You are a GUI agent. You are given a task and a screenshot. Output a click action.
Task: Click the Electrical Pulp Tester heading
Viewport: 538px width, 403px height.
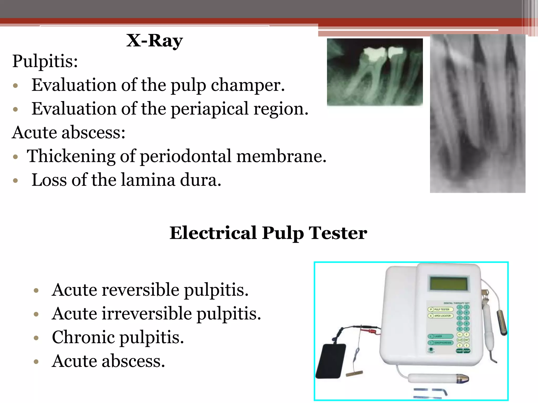point(268,233)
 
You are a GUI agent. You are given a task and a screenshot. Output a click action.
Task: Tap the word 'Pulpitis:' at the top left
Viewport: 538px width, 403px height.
point(45,61)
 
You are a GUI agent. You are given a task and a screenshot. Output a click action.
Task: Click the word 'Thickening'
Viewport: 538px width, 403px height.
point(71,156)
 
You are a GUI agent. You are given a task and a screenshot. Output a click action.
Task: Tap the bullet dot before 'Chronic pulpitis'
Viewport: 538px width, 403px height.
point(36,338)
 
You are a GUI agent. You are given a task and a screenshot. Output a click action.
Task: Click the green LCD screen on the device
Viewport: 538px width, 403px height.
point(449,283)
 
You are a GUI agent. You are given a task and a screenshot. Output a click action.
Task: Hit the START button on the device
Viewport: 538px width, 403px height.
point(459,351)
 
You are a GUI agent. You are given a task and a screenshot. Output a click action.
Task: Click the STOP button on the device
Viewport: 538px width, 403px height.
point(467,351)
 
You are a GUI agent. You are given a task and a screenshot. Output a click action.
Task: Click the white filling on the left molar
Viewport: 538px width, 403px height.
point(373,54)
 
